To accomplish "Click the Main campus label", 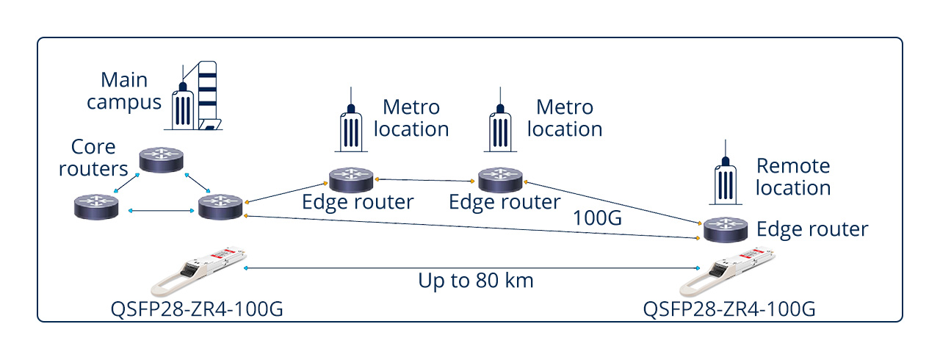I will click(123, 90).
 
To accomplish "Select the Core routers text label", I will click(93, 158).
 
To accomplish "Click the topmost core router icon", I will click(163, 161).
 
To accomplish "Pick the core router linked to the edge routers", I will click(220, 205).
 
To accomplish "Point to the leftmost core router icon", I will click(96, 205).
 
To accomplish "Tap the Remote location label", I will click(792, 176).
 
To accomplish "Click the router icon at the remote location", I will click(724, 229).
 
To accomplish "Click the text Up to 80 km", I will click(475, 280).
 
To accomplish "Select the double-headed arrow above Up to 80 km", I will click(470, 268).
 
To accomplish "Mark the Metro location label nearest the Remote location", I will click(565, 118).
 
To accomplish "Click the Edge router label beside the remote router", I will click(812, 229).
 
